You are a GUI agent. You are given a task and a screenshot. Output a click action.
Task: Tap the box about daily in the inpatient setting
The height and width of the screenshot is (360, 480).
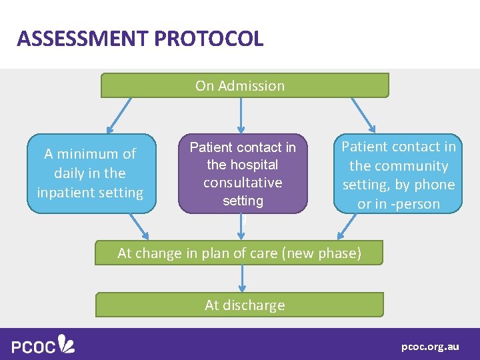tap(91, 173)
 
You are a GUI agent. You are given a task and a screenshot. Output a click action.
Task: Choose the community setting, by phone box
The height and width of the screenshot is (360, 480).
tap(399, 174)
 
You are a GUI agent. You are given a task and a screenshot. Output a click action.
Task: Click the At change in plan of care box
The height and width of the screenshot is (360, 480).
tap(239, 253)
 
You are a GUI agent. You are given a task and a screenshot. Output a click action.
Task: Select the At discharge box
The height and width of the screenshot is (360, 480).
tap(240, 305)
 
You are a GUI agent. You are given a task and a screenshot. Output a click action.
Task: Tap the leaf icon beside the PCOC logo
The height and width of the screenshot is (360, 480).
tap(67, 343)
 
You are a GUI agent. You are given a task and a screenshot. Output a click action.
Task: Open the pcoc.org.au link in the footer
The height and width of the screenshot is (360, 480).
tap(430, 346)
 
